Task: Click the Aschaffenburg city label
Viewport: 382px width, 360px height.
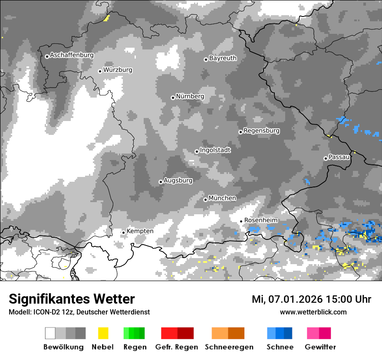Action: [72, 55]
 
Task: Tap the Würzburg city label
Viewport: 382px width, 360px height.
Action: [118, 70]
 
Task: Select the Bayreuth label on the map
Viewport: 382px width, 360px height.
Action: [223, 58]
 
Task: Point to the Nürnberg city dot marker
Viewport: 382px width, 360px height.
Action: [173, 98]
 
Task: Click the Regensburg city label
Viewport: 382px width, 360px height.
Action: [261, 131]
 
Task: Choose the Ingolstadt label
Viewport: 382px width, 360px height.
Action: [215, 150]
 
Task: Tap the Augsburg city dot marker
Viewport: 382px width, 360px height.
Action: [161, 182]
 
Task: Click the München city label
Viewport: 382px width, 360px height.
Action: [222, 198]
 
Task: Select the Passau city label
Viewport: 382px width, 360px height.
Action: [339, 157]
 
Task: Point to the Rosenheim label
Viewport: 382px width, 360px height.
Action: [260, 220]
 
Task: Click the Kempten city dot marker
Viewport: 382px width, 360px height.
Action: [123, 232]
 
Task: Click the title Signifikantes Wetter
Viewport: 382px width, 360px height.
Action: [72, 299]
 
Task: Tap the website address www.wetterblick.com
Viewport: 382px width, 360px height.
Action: [313, 312]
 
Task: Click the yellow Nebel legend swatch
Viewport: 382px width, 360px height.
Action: [103, 333]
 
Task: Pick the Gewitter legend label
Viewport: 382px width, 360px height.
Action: [320, 347]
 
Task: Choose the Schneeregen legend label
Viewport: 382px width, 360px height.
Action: [229, 347]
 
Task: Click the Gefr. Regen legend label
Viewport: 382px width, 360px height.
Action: [176, 347]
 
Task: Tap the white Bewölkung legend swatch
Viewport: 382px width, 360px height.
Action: [50, 333]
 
